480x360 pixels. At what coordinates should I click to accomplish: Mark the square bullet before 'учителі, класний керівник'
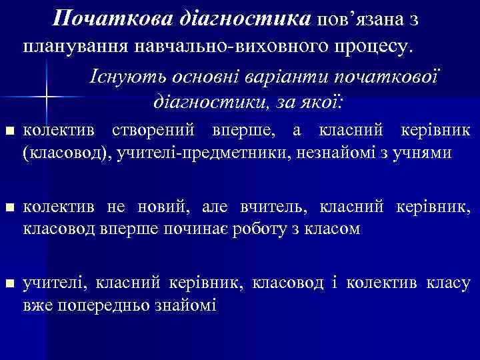click(8, 285)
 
